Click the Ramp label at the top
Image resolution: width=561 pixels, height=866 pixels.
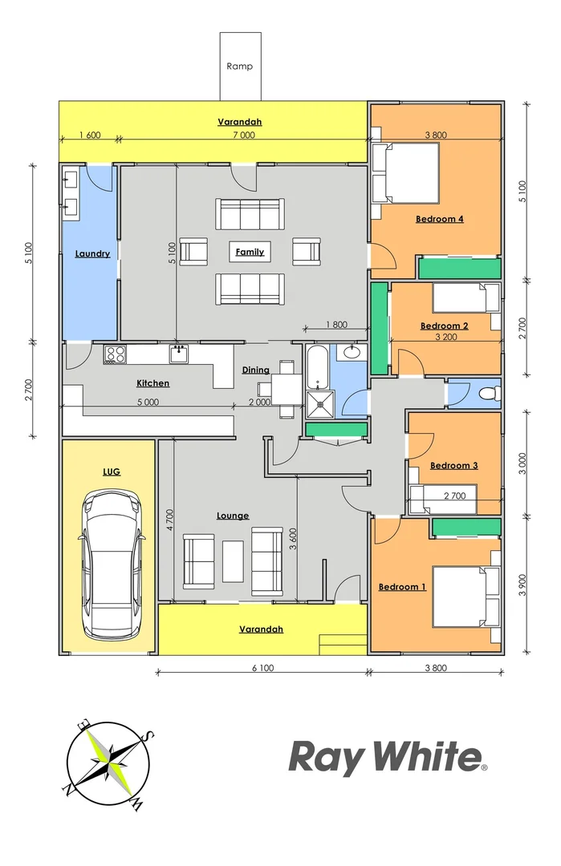pyautogui.click(x=239, y=67)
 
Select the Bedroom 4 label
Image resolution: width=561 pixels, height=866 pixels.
pyautogui.click(x=440, y=219)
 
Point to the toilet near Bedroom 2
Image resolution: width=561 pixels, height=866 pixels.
pyautogui.click(x=487, y=394)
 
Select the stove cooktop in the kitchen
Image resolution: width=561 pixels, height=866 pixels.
pyautogui.click(x=115, y=353)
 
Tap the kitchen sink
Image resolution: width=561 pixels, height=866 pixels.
pyautogui.click(x=178, y=353)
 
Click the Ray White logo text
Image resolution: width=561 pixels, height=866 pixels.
pyautogui.click(x=386, y=756)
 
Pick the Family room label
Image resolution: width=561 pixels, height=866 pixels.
pyautogui.click(x=249, y=252)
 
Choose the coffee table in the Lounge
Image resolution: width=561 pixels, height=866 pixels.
pyautogui.click(x=234, y=560)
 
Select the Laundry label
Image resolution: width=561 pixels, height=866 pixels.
pyautogui.click(x=92, y=254)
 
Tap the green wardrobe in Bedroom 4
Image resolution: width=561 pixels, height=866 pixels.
pyautogui.click(x=459, y=268)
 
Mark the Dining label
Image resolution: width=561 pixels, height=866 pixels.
pyautogui.click(x=255, y=370)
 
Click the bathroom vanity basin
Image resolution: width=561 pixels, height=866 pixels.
pyautogui.click(x=351, y=351)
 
